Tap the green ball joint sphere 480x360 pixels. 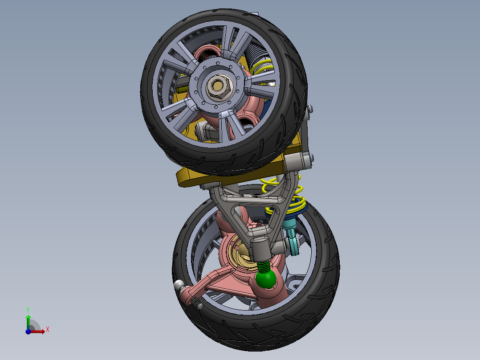click(265, 279)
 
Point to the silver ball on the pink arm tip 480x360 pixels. click(179, 285)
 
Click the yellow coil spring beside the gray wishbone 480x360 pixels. click(289, 196)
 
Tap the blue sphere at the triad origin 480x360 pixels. click(28, 331)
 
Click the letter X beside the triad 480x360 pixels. click(48, 330)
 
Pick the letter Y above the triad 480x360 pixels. click(28, 309)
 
